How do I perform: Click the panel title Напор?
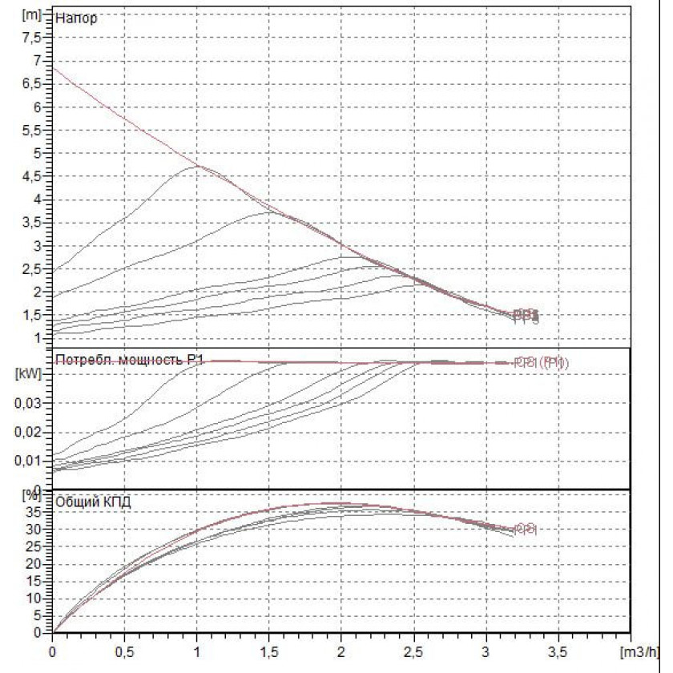[77, 18]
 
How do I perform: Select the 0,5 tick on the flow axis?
[125, 647]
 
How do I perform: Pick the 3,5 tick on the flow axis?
[558, 647]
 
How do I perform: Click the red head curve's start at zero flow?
[54, 66]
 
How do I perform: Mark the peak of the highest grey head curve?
[195, 167]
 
